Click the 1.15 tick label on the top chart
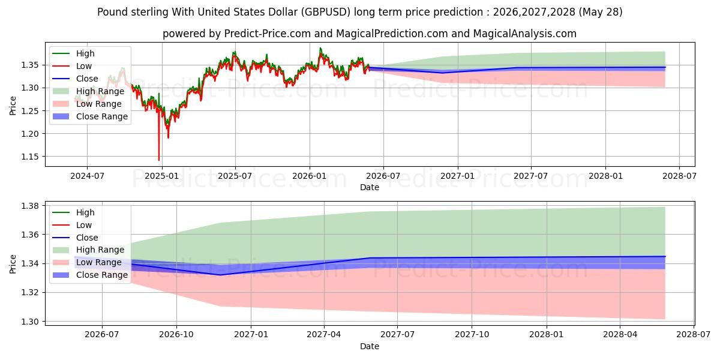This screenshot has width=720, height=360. (29, 157)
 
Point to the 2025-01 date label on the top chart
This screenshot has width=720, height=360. (161, 176)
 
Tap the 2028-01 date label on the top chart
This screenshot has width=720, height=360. (605, 176)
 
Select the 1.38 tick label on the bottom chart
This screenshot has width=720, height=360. (29, 206)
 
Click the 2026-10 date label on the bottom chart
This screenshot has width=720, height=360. (176, 335)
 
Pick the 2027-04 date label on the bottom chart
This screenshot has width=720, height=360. (323, 335)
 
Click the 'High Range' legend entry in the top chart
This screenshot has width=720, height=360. (88, 91)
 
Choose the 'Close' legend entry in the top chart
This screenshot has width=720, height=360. (75, 79)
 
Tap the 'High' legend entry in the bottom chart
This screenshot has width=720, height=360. (74, 212)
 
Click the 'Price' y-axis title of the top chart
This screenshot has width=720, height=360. (13, 106)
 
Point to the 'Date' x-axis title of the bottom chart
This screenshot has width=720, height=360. (370, 346)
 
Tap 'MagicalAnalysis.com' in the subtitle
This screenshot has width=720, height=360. (524, 34)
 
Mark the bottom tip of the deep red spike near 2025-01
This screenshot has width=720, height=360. (159, 160)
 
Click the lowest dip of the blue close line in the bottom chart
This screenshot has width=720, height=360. (220, 275)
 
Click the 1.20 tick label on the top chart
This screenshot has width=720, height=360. (29, 134)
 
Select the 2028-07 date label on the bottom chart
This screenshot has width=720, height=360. (694, 335)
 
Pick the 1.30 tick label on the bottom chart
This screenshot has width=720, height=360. (29, 322)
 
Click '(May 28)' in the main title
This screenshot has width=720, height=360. (601, 12)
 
